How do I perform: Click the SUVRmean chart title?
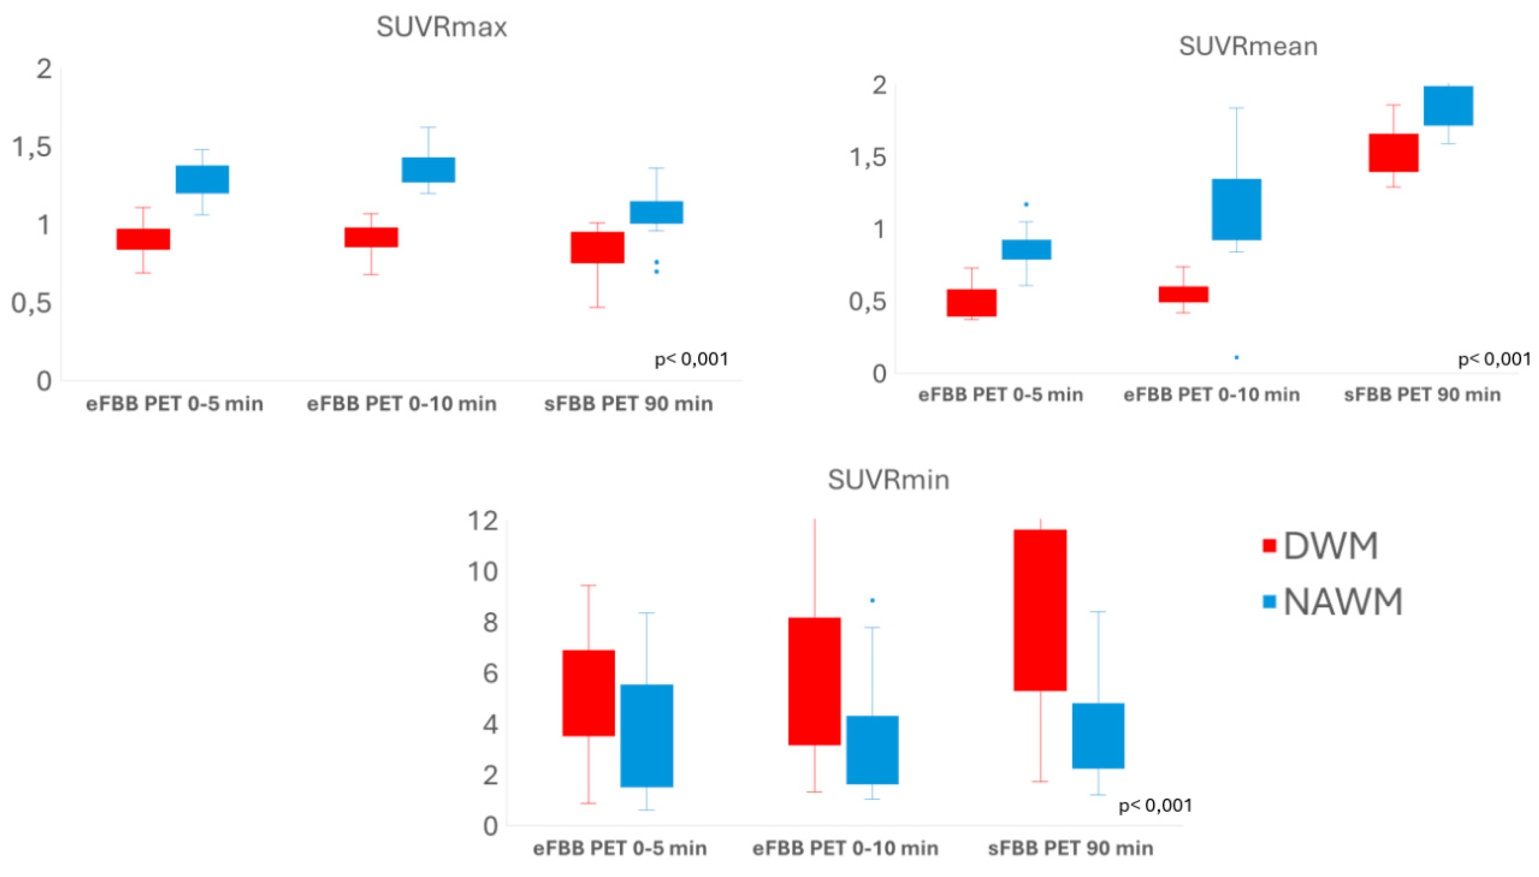click(1248, 47)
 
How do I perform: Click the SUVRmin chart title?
click(888, 480)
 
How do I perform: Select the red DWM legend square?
click(1269, 546)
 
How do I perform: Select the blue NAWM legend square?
click(1269, 601)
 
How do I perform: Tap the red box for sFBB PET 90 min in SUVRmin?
click(1040, 610)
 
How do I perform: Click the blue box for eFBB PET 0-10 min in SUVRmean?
click(1236, 209)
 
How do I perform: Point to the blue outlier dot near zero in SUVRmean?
click(1236, 358)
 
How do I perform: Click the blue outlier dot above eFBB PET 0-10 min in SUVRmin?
click(872, 601)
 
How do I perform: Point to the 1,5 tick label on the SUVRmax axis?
click(32, 148)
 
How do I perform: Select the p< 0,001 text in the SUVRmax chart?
click(691, 359)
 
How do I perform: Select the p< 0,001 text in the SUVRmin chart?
click(1155, 805)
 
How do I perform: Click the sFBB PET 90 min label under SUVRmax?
click(628, 404)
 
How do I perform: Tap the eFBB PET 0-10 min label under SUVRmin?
click(845, 848)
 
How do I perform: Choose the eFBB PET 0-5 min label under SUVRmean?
click(1000, 395)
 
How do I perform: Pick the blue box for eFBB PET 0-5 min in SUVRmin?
click(646, 735)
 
